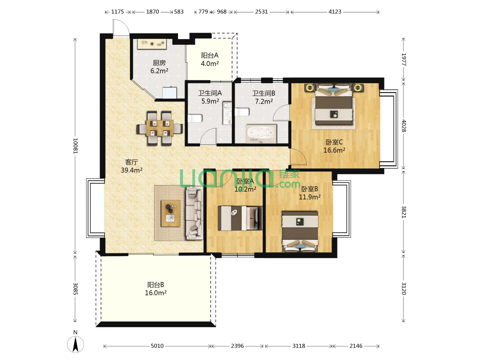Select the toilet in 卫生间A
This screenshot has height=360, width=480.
pos(195,118)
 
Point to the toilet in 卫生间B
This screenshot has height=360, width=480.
pos(242,112)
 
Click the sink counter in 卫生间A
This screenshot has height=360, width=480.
pos(227,113)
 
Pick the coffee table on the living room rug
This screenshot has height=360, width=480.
pos(171,213)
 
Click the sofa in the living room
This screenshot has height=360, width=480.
pos(194,213)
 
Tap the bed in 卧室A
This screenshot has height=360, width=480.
pos(240,218)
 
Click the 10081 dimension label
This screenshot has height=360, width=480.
pos(75,146)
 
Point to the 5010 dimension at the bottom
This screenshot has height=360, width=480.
pos(157,346)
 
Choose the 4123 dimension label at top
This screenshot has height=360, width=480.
pos(335,12)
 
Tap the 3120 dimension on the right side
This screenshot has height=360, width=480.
pos(403,288)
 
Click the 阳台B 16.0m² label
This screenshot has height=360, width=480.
pos(155,289)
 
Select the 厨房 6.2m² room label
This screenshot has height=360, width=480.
pos(159,67)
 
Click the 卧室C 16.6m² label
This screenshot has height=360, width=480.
pos(334,146)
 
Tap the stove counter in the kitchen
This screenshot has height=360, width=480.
pos(152,44)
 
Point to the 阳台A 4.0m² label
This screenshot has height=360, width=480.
pos(210,59)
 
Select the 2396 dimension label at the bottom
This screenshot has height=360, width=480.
pos(237,346)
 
